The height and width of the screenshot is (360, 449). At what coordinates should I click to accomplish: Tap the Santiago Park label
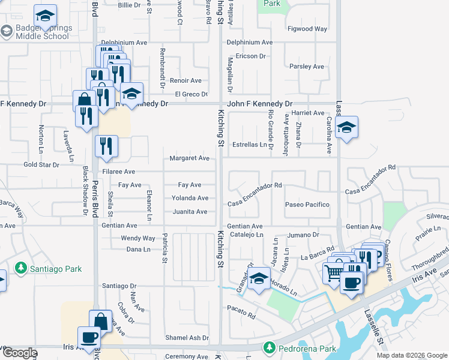(x=56, y=269)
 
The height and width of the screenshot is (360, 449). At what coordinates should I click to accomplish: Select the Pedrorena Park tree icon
(x=270, y=348)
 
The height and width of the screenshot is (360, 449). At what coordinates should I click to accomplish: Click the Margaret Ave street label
(x=190, y=158)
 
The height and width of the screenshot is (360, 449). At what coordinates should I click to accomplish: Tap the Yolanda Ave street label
(x=190, y=198)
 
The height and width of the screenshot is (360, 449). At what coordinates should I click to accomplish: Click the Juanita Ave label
(x=190, y=212)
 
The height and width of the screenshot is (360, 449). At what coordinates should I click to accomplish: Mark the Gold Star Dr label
(x=41, y=164)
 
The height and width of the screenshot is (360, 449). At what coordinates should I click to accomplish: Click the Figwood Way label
(x=307, y=29)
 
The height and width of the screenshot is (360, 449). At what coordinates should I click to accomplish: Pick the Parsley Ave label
(x=307, y=67)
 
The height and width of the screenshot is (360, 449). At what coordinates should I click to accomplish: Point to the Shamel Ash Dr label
(x=187, y=338)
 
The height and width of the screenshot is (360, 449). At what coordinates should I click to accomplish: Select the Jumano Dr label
(x=302, y=235)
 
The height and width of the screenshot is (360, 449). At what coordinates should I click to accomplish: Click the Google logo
(x=20, y=353)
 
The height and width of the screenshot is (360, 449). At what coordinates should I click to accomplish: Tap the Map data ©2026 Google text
(x=412, y=355)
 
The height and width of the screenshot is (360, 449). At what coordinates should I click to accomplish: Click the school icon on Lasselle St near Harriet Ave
(x=346, y=127)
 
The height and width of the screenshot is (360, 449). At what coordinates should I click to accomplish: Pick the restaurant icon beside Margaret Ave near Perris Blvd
(x=106, y=146)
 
